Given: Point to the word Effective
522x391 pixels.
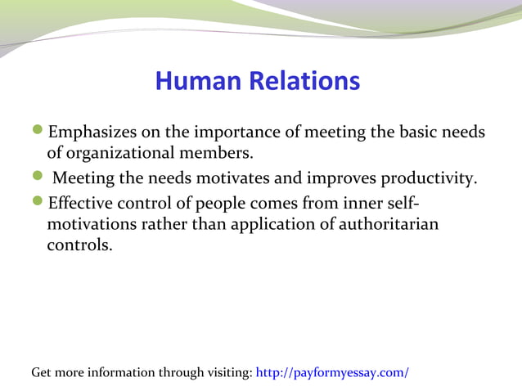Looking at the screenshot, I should pos(80,203).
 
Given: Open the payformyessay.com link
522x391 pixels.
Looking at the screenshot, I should pos(332,373).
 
